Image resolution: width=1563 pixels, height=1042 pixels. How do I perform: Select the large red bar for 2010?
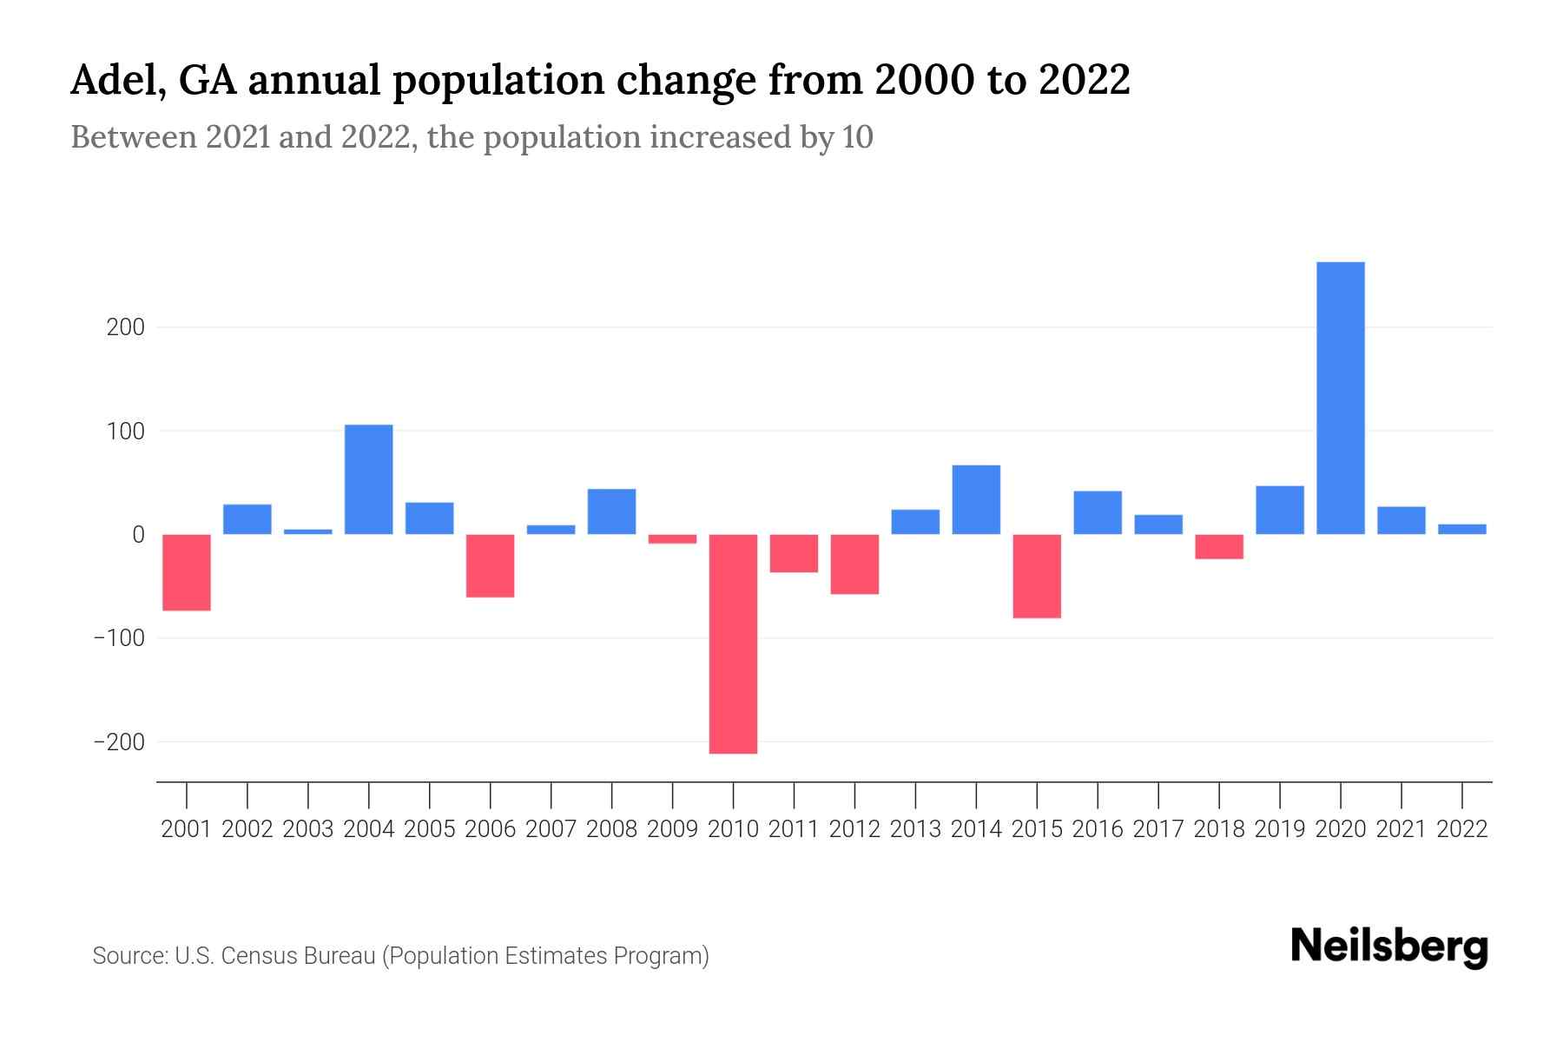pyautogui.click(x=733, y=643)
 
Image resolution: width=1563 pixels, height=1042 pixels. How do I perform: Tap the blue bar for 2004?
pyautogui.click(x=368, y=479)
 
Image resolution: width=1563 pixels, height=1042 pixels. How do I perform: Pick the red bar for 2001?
pyautogui.click(x=187, y=572)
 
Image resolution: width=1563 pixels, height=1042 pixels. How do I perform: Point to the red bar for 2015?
pyautogui.click(x=1037, y=576)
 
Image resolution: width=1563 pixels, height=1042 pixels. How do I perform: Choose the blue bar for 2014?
pyautogui.click(x=976, y=499)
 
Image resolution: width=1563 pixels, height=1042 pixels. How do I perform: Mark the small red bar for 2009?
pyautogui.click(x=672, y=539)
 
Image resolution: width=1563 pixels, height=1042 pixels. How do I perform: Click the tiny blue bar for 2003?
pyautogui.click(x=308, y=531)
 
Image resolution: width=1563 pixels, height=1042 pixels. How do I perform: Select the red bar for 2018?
pyautogui.click(x=1219, y=546)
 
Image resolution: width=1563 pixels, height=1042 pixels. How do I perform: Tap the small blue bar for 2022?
pyautogui.click(x=1461, y=529)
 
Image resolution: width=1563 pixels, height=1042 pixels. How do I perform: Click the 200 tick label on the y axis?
pyautogui.click(x=126, y=327)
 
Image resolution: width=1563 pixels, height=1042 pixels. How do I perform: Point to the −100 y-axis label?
pyautogui.click(x=119, y=638)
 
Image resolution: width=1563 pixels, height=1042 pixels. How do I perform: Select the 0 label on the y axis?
pyautogui.click(x=137, y=535)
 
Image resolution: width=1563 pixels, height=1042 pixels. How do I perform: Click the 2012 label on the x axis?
pyautogui.click(x=854, y=829)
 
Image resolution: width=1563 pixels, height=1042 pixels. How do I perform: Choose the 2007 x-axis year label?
pyautogui.click(x=551, y=829)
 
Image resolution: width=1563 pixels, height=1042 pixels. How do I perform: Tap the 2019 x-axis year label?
pyautogui.click(x=1279, y=829)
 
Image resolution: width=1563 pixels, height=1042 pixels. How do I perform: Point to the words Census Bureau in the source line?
pyautogui.click(x=300, y=956)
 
